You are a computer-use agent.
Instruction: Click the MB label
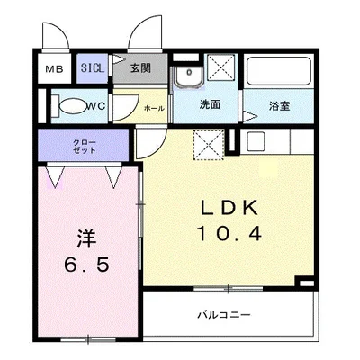click(x=54, y=69)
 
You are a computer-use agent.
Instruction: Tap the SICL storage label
click(x=93, y=68)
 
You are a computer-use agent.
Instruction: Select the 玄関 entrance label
click(x=140, y=68)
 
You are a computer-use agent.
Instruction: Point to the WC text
click(x=96, y=106)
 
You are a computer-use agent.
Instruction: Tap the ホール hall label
click(x=155, y=108)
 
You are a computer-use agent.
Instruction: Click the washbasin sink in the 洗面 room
click(x=189, y=77)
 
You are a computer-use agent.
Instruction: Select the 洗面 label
click(x=210, y=104)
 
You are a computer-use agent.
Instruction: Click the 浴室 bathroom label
click(x=279, y=106)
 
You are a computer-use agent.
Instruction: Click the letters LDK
click(x=229, y=208)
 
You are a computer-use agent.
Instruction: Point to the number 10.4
click(x=229, y=234)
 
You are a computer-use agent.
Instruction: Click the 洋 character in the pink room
click(x=87, y=238)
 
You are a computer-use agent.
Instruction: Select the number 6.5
click(x=87, y=265)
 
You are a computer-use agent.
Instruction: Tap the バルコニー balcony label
click(x=224, y=315)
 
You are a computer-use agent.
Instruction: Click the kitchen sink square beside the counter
click(x=256, y=141)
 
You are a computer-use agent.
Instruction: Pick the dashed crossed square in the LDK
click(x=209, y=145)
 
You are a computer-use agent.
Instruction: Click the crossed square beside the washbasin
click(x=221, y=67)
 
